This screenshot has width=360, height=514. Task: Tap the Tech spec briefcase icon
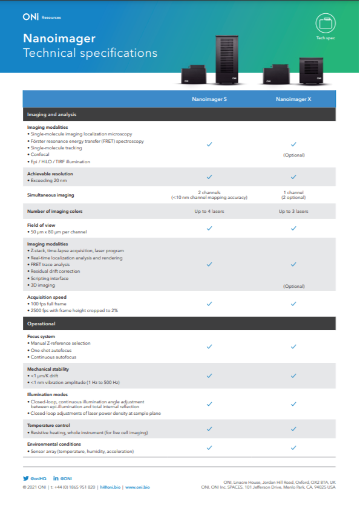click(326, 24)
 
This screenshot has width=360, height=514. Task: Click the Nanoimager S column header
click(209, 99)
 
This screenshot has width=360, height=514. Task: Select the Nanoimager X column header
click(293, 99)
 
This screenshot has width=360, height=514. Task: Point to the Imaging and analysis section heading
click(51, 114)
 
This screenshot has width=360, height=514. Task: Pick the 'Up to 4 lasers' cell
click(209, 211)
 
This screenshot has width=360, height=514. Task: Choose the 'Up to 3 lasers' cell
click(293, 211)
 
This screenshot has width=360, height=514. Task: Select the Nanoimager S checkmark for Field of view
click(209, 228)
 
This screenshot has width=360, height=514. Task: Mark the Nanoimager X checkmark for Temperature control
click(293, 428)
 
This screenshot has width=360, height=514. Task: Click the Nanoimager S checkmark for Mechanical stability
click(209, 375)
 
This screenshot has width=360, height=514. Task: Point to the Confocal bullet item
click(40, 154)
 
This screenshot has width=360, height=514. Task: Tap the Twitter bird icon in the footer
click(25, 478)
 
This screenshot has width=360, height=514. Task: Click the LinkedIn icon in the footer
click(56, 478)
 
